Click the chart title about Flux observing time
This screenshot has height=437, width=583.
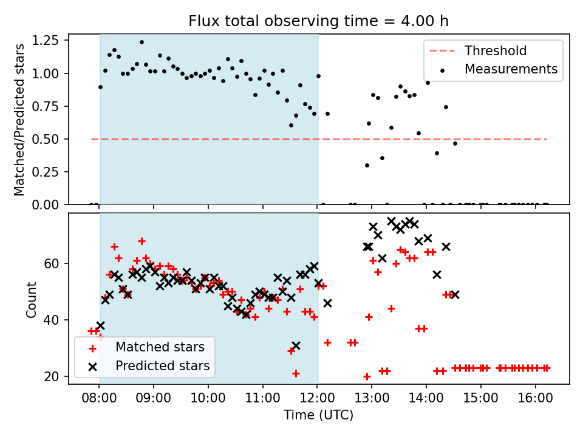pyautogui.click(x=319, y=22)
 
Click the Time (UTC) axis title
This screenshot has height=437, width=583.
pyautogui.click(x=319, y=416)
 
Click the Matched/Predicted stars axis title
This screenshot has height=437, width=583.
pyautogui.click(x=19, y=120)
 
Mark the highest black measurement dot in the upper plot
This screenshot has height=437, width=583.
pyautogui.click(x=141, y=42)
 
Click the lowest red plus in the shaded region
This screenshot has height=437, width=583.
pyautogui.click(x=296, y=373)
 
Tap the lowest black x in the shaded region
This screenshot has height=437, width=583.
pyautogui.click(x=296, y=345)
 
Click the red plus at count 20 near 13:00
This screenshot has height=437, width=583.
pyautogui.click(x=367, y=376)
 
